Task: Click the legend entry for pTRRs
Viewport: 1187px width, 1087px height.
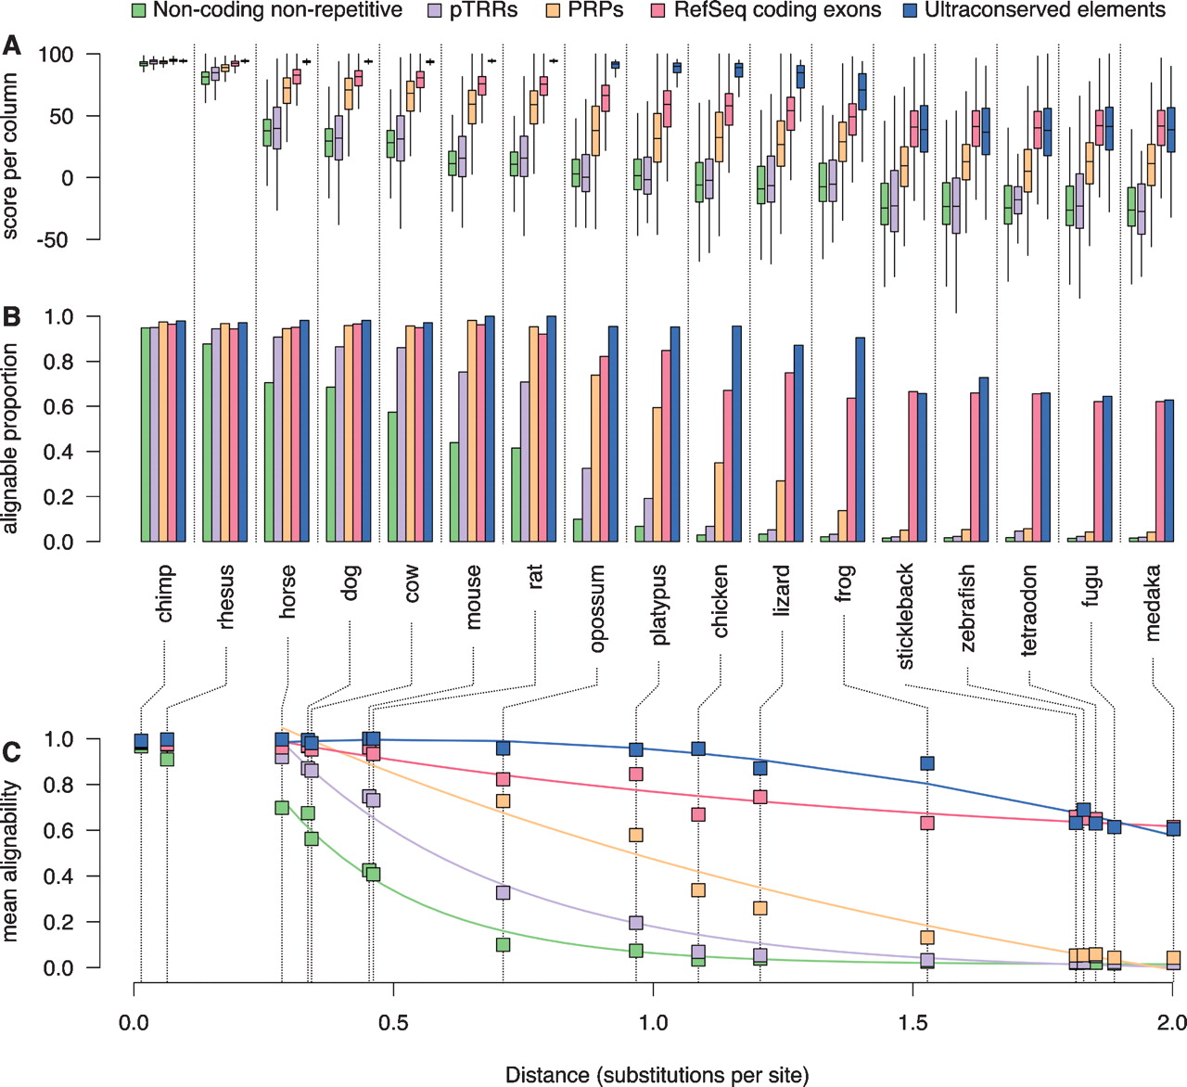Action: (482, 11)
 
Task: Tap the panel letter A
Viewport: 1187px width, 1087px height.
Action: (12, 45)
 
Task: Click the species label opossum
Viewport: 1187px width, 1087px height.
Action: (597, 607)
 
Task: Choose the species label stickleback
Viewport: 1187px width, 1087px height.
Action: (906, 615)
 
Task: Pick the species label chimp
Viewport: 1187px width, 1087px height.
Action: (165, 595)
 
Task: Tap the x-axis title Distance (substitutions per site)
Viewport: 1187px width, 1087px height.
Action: (657, 1075)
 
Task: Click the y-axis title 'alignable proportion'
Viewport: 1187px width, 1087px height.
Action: (11, 438)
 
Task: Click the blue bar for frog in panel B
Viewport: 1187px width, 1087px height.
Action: (861, 440)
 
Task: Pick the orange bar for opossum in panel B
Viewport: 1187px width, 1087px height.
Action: (594, 458)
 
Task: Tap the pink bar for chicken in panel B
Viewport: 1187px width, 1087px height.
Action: (728, 466)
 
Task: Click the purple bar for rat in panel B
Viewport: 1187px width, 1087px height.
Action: (524, 462)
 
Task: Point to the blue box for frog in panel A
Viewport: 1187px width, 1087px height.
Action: (862, 92)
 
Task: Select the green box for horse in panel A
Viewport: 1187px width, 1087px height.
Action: (267, 133)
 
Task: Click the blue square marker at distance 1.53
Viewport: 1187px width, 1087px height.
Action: (926, 763)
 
